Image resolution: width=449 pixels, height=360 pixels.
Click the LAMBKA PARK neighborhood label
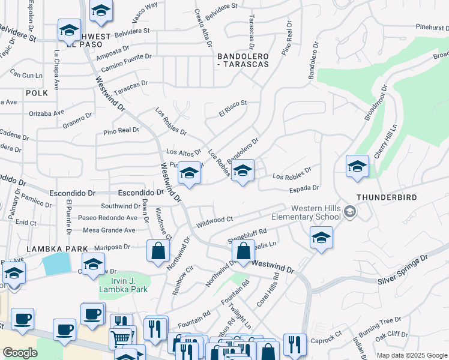pos(57,248)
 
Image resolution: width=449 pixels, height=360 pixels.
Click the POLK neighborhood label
pos(37,93)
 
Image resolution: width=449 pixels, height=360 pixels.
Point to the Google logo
pos(20,353)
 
